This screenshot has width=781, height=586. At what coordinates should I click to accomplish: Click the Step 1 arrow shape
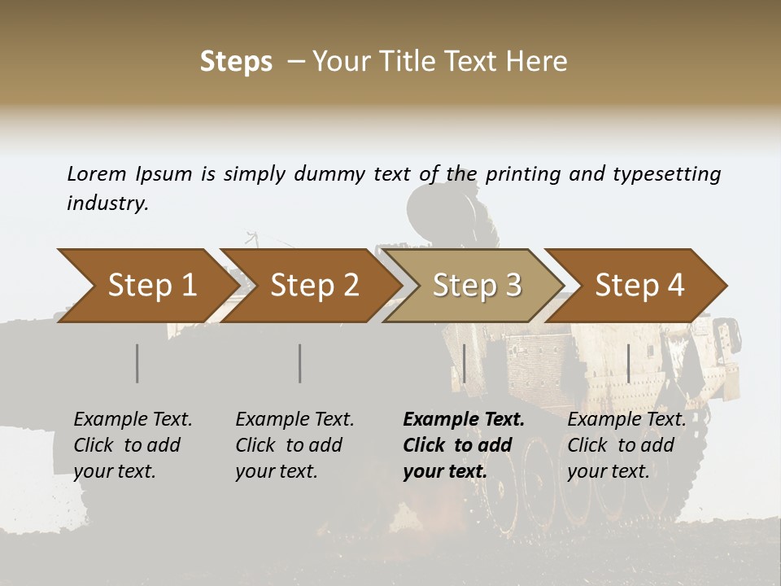[146, 286]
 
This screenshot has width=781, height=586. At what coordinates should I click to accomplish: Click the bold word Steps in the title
[236, 62]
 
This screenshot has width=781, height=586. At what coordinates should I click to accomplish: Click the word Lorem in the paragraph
[96, 173]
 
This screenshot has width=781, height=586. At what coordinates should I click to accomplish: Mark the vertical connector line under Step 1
[137, 363]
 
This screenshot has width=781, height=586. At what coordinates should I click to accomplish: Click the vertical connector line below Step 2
[300, 363]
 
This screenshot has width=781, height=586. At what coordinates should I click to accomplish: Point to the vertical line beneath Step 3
[464, 363]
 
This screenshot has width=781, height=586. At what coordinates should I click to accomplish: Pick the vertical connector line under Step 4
[628, 363]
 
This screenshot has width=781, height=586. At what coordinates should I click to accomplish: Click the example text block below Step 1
[133, 445]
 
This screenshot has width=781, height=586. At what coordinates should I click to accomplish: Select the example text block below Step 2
[295, 445]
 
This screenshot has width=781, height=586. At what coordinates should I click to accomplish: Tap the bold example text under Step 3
[464, 445]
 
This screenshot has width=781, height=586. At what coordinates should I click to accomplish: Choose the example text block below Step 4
[626, 445]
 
